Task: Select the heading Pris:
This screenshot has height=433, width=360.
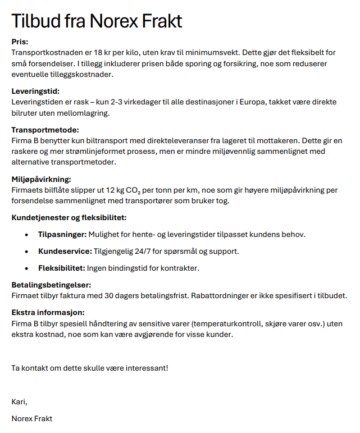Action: (x=20, y=42)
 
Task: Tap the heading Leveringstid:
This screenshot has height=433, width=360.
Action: (x=35, y=91)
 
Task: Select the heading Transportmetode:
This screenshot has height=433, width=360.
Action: (x=42, y=130)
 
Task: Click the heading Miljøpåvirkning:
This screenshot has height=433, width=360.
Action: (x=42, y=179)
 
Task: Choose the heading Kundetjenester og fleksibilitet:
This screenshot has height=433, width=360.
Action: (x=69, y=218)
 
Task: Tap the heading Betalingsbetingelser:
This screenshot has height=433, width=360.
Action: (x=51, y=285)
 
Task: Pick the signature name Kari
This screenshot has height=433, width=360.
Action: (x=19, y=402)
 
